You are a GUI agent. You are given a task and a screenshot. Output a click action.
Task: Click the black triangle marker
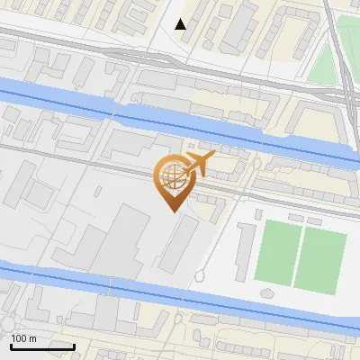(x=181, y=24)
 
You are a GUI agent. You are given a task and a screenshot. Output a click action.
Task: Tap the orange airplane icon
(x=197, y=164)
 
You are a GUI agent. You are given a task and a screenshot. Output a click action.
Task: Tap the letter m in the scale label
(x=33, y=338)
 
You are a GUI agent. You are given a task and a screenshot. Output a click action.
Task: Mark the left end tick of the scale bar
(x=11, y=346)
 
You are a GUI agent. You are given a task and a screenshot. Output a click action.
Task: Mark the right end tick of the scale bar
(x=74, y=346)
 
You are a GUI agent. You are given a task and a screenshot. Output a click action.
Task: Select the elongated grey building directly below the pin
(x=181, y=246)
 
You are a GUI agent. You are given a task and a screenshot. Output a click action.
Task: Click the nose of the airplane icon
(x=213, y=157)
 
